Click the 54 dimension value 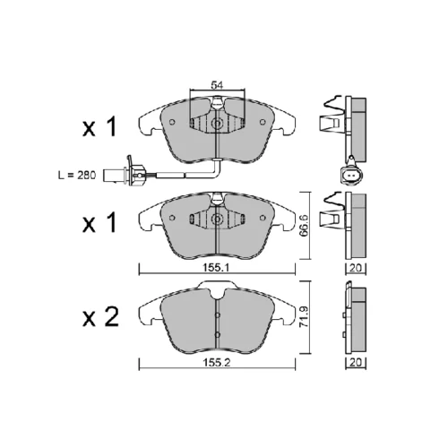pos(217,85)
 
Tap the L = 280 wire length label pos(77,176)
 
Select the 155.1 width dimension pos(216,268)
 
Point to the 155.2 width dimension pos(216,363)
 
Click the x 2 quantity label pos(100,316)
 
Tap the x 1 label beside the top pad pos(99,127)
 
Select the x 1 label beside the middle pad pos(99,223)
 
